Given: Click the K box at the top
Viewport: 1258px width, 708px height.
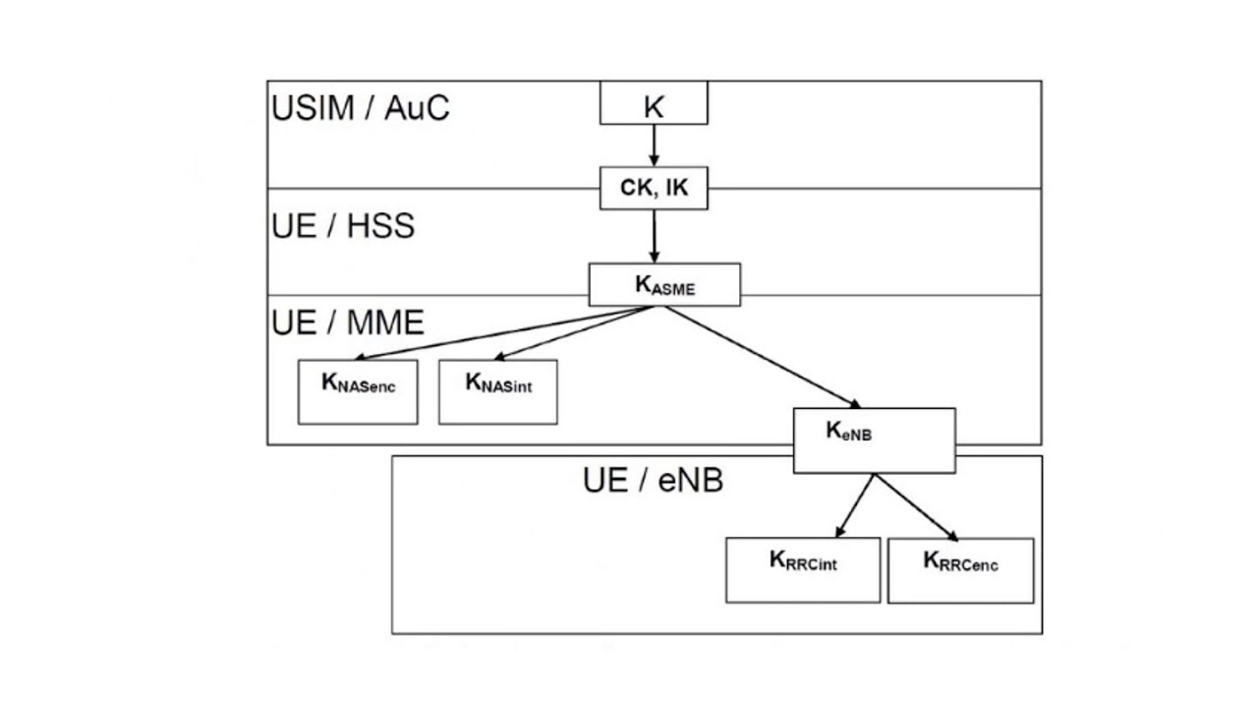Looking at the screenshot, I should (x=654, y=103).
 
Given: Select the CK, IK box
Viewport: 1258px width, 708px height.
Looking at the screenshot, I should (x=654, y=188).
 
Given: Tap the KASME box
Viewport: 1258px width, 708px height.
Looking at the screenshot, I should (x=664, y=284).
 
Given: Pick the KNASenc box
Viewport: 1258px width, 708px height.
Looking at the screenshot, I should (x=358, y=391).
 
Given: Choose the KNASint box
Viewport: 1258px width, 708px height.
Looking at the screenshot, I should (x=497, y=391).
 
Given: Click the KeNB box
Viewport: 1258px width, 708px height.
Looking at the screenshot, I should (x=874, y=441).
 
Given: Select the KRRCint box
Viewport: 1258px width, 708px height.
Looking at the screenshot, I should (x=803, y=569).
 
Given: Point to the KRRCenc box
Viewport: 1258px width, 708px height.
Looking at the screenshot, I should (x=960, y=569).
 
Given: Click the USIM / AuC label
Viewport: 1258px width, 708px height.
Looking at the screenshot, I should (x=360, y=107).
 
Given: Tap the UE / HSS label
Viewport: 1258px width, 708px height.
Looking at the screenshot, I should (x=343, y=225).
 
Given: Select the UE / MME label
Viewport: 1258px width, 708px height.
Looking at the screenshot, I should (x=347, y=322).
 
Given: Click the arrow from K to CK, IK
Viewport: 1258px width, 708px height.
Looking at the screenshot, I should (x=654, y=146).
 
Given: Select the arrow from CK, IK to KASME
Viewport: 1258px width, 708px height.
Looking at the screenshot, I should (x=654, y=236).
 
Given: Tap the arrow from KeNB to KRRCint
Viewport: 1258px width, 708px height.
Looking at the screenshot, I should (x=855, y=506).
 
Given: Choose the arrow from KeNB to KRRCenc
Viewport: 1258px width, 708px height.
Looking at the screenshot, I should (x=916, y=507).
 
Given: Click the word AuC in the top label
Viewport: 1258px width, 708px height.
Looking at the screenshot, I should (x=417, y=107).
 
